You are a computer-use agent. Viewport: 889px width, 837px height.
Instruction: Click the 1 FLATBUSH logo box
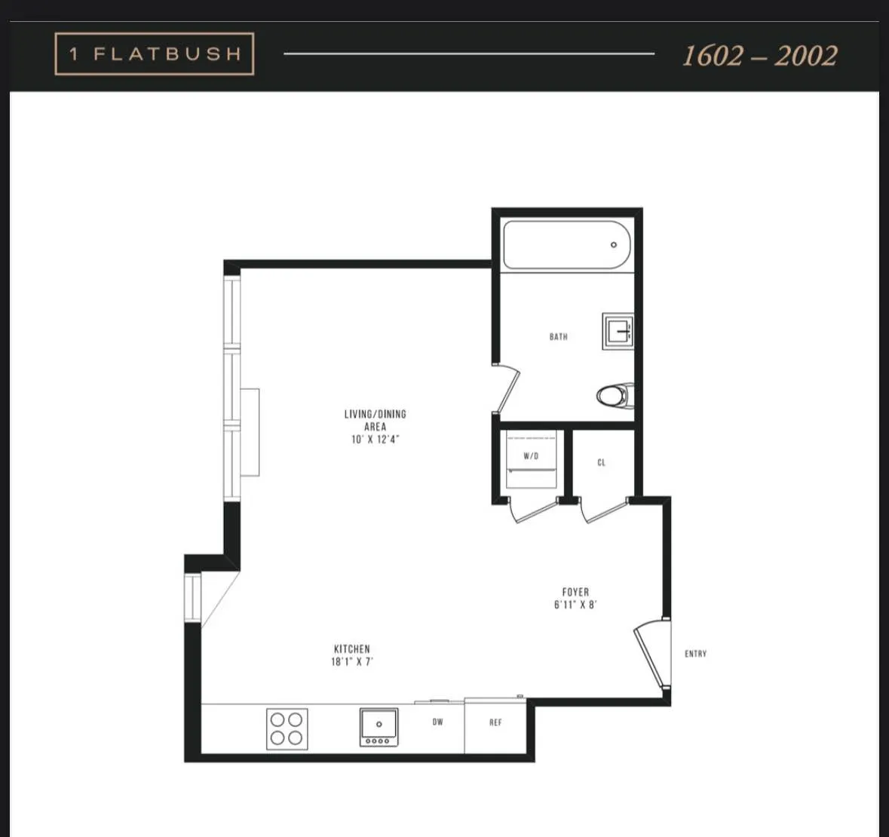155,54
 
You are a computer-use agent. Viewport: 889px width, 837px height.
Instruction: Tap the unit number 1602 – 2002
759,56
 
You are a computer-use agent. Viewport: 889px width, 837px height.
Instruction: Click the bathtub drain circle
614,244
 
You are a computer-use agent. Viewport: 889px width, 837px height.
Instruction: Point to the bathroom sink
618,331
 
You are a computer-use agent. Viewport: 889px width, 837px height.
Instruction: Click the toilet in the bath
615,395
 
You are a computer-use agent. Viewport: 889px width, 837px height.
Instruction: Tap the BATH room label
559,337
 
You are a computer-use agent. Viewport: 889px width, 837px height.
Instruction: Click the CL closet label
602,463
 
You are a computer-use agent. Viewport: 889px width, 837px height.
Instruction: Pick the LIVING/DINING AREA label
375,420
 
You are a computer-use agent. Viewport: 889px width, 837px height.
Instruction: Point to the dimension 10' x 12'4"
375,440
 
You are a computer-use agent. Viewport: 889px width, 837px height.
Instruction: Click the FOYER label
575,593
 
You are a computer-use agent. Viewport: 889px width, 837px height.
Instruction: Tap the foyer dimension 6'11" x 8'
575,605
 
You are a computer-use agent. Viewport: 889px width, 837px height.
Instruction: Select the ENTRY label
695,654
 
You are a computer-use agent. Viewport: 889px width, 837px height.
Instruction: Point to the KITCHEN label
352,649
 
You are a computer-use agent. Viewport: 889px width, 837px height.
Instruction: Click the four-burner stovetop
287,728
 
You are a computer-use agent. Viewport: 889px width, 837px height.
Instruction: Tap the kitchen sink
379,726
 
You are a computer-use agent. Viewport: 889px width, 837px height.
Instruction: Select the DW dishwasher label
438,722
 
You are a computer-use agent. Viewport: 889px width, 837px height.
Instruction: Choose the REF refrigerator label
495,722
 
